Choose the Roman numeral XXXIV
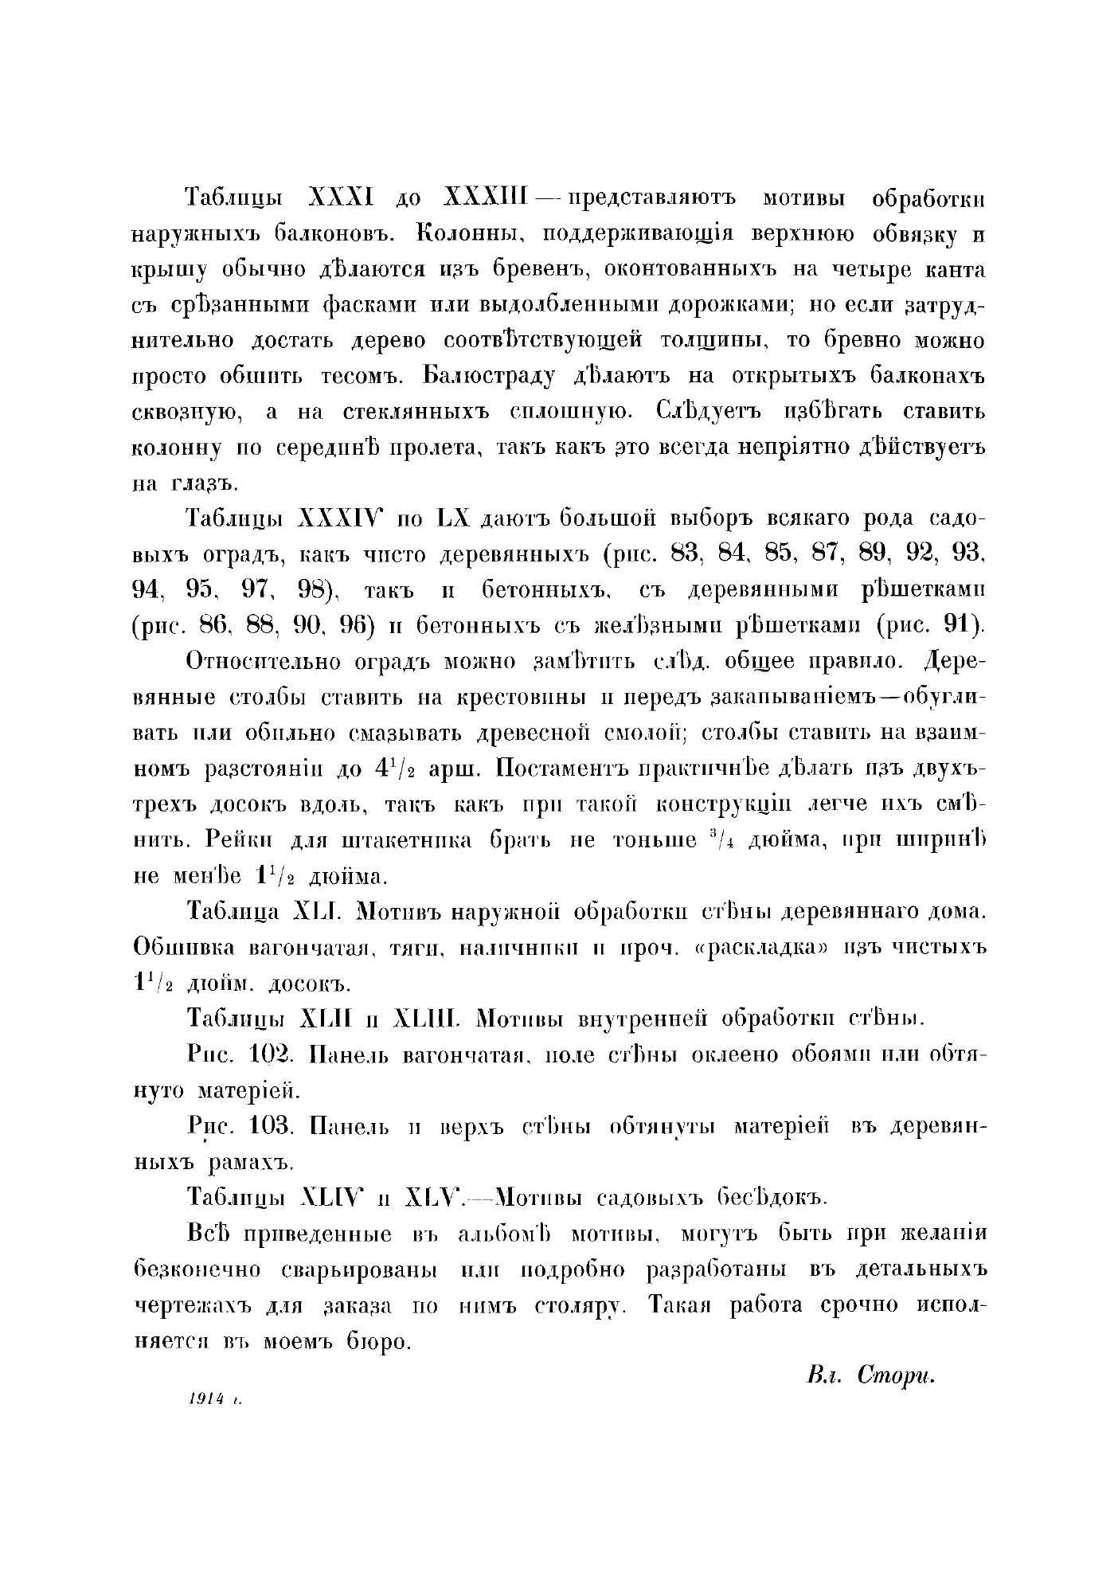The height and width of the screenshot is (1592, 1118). coord(339,519)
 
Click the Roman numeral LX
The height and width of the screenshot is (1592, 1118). coord(455,519)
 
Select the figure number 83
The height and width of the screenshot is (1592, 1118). coord(684,554)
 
